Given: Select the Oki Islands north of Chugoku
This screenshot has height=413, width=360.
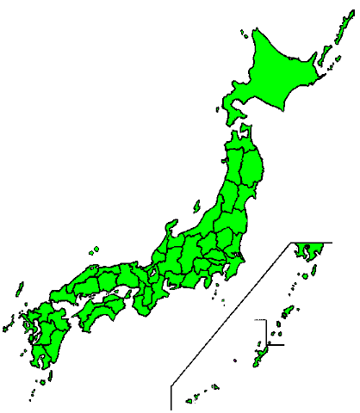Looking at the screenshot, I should pos(94,251).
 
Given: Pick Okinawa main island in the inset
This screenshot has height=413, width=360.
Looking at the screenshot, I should pos(258,354).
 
